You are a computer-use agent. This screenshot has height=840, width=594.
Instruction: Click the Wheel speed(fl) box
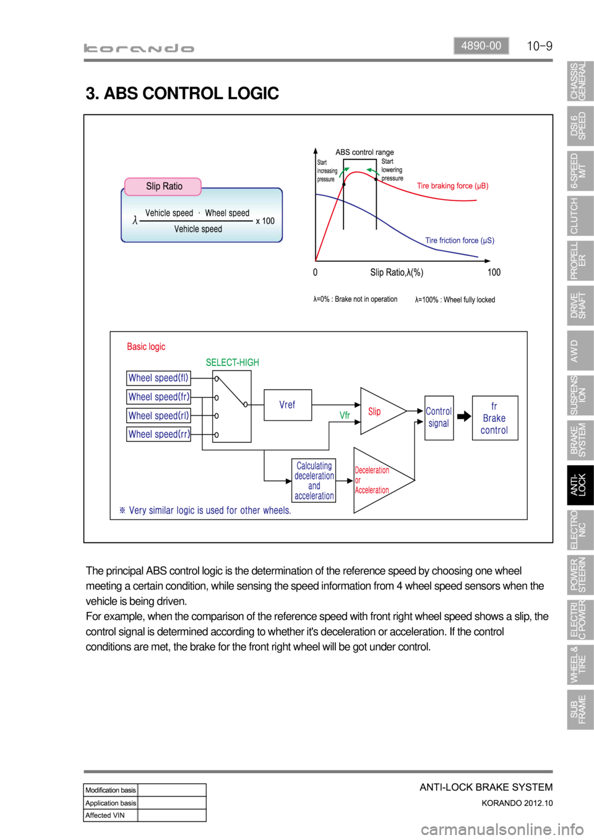pyautogui.click(x=158, y=378)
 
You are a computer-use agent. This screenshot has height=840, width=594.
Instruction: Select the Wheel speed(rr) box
pyautogui.click(x=158, y=434)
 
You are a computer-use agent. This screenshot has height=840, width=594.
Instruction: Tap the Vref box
pyautogui.click(x=287, y=405)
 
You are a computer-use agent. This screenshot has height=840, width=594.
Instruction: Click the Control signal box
pyautogui.click(x=439, y=418)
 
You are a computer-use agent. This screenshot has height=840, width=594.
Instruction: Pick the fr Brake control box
pyautogui.click(x=494, y=418)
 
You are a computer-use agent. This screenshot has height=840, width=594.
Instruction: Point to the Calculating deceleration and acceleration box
pyautogui.click(x=314, y=481)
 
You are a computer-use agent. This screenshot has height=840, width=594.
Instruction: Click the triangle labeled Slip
pyautogui.click(x=379, y=411)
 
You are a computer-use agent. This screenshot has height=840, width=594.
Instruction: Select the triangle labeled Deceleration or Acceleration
pyautogui.click(x=377, y=480)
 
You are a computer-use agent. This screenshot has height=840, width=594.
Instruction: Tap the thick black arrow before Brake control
pyautogui.click(x=463, y=416)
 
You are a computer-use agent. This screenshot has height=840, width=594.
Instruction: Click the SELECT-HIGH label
pyautogui.click(x=232, y=362)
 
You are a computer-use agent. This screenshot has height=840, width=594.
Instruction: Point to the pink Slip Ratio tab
pyautogui.click(x=163, y=186)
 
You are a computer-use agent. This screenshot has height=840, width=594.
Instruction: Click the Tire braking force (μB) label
pyautogui.click(x=452, y=186)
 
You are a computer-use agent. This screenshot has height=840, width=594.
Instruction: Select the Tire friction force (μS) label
pyautogui.click(x=459, y=241)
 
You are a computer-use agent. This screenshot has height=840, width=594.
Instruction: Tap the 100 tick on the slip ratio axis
pyautogui.click(x=494, y=272)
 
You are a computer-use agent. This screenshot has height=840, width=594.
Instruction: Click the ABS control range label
pyautogui.click(x=364, y=152)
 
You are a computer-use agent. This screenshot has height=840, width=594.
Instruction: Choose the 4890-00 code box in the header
pyautogui.click(x=481, y=46)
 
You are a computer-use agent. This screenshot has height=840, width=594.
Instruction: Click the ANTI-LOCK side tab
pyautogui.click(x=580, y=486)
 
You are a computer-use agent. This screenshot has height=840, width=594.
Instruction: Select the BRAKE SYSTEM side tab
pyautogui.click(x=580, y=440)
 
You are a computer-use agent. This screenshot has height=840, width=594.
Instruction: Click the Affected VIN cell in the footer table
pyautogui.click(x=110, y=815)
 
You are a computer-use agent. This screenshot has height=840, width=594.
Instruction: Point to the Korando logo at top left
pyautogui.click(x=139, y=48)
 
